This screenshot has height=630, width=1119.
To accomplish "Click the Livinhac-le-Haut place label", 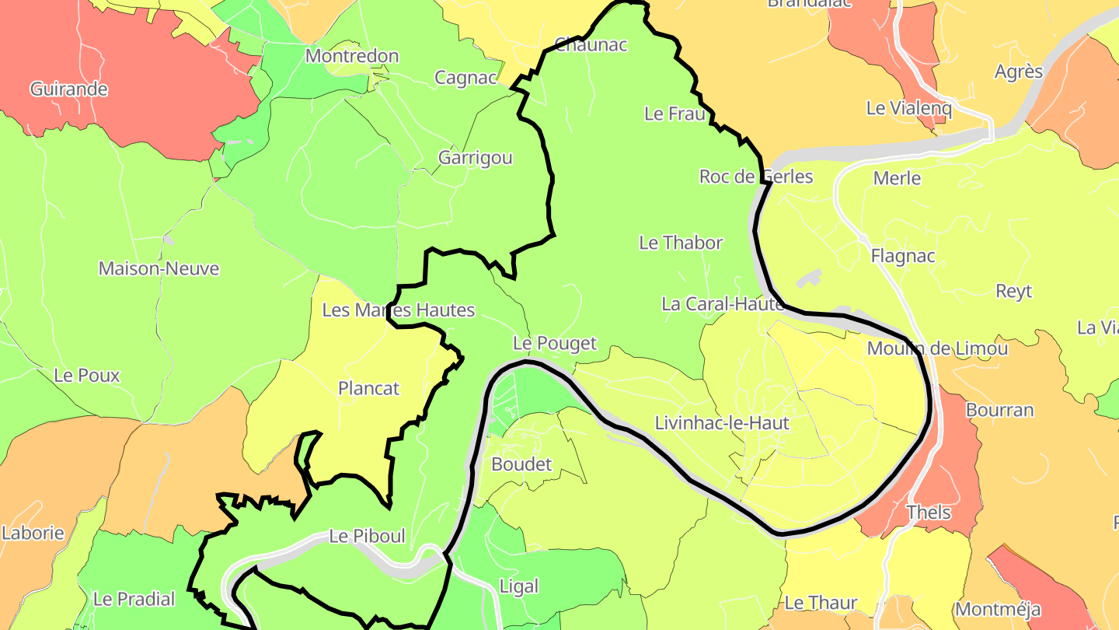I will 722,423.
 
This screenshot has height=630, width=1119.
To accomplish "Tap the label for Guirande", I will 68,89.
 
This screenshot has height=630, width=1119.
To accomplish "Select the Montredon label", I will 352,56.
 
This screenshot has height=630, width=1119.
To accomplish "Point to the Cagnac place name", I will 465,78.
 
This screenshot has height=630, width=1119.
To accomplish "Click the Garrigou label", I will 476,158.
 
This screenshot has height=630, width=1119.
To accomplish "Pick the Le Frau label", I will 675,114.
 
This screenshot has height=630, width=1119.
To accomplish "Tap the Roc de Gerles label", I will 756,177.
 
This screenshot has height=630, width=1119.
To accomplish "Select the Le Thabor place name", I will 681,243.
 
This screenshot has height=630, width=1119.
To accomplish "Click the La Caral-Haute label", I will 723,304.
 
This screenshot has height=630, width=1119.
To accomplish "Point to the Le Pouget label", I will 555,343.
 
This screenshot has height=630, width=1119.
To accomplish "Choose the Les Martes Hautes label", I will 398,310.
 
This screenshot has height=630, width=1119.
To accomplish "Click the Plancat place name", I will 368,388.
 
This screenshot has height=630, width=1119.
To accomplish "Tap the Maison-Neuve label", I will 159,269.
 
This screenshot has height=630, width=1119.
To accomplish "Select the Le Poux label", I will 87,376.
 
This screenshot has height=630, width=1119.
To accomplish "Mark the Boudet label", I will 521,464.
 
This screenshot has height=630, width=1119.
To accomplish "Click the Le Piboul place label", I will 367,536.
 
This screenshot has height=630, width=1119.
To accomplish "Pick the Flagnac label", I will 903,256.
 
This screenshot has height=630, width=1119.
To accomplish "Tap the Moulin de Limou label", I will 937,348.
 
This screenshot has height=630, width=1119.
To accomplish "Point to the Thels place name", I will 929,513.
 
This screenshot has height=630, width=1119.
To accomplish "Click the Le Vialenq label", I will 908,108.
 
